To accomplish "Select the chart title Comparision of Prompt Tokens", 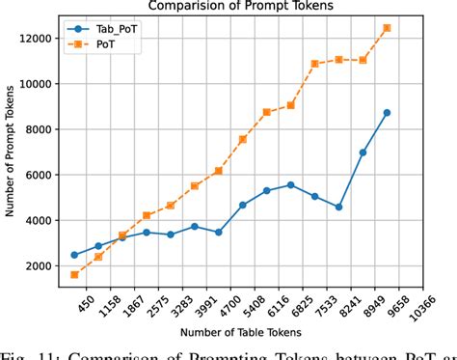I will coord(236,6).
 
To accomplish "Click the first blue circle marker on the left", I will coord(74,255).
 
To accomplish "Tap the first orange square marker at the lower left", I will coord(74,275).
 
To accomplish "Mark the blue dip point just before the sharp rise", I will coord(338,207).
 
